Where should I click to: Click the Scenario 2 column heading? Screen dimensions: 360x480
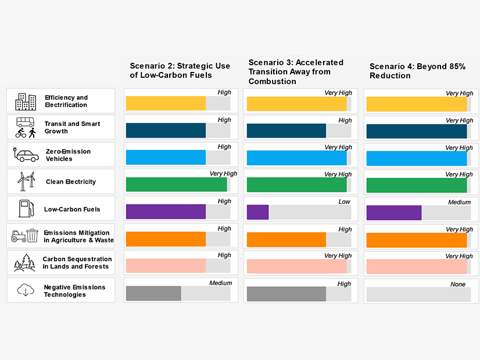180,70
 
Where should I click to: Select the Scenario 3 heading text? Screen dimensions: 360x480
296,71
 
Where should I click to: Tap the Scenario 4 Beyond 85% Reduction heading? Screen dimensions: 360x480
417,71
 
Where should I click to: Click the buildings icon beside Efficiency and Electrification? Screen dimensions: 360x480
25,101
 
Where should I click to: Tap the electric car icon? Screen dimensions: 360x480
25,154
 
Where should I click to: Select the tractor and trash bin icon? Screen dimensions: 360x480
25,236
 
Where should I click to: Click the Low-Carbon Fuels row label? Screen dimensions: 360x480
72,209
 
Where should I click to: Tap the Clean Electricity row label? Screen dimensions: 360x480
71,182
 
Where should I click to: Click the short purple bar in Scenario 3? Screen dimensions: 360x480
257,212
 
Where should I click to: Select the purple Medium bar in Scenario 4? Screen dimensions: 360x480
394,213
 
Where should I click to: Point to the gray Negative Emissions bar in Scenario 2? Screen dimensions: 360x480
153,293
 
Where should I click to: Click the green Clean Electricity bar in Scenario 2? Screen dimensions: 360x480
176,185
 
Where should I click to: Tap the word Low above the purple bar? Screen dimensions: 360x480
345,202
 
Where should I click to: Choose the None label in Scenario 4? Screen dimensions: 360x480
458,285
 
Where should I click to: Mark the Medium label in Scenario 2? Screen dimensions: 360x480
221,283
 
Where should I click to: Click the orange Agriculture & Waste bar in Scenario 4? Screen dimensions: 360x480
417,240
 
